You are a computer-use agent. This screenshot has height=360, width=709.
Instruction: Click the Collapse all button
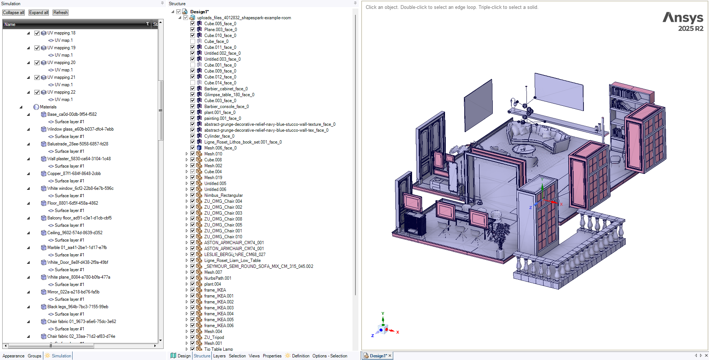14,13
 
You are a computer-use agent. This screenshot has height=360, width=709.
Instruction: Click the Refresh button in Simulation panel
60,13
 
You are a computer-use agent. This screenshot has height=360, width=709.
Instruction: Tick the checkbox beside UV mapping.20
37,63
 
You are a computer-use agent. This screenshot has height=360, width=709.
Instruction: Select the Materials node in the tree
48,107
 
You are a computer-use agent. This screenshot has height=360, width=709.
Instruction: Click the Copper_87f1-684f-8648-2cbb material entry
74,174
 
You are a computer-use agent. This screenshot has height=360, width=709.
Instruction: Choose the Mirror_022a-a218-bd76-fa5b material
73,292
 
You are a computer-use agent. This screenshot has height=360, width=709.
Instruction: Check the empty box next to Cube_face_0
193,41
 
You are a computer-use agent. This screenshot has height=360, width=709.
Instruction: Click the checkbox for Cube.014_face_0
193,83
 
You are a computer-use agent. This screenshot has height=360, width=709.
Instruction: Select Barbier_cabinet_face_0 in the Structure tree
226,89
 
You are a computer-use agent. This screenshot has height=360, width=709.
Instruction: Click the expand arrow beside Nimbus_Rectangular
187,195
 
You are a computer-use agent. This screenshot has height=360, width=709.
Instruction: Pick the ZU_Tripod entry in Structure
214,337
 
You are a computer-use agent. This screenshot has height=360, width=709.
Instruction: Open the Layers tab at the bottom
219,356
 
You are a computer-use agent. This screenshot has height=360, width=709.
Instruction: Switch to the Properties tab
272,356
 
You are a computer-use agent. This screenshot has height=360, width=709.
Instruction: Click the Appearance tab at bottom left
13,356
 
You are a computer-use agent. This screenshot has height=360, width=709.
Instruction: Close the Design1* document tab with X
390,356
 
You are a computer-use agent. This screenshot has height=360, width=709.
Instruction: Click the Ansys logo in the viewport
683,22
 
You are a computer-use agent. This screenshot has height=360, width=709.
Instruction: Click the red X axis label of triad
398,332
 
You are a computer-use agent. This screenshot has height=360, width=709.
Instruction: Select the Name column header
10,24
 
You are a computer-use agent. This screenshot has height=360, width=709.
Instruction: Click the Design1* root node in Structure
200,12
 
